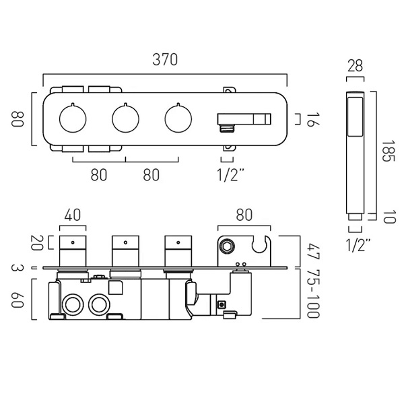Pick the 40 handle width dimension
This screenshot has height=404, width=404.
73,216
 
